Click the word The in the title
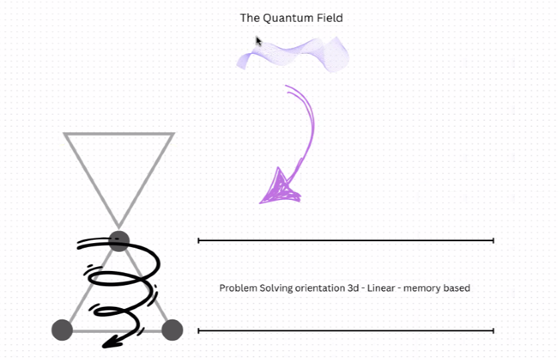click(250, 18)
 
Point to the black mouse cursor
click(259, 41)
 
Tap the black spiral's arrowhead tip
click(107, 345)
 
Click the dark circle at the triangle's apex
click(118, 240)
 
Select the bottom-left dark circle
click(62, 330)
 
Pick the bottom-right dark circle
click(172, 330)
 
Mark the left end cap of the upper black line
click(199, 240)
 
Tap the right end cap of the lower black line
click(493, 330)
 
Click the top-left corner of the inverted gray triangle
click(66, 135)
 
